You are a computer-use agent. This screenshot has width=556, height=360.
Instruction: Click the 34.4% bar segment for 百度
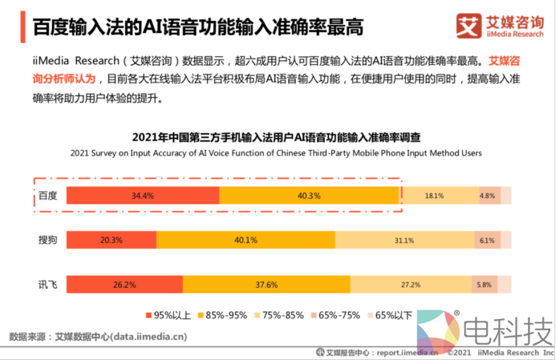[143, 196]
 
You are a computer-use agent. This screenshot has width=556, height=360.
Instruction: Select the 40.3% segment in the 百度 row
[309, 196]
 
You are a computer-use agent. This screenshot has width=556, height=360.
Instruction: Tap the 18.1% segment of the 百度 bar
[434, 196]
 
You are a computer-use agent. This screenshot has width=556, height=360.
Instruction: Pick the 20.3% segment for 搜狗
[112, 240]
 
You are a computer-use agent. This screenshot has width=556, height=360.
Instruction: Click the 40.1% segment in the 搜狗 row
[246, 240]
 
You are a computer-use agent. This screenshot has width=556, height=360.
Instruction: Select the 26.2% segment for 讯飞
[124, 284]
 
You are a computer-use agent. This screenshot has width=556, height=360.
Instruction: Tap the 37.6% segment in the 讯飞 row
[266, 284]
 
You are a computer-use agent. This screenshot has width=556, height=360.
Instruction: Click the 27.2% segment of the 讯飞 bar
[410, 284]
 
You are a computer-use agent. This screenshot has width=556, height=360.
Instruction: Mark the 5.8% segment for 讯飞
[484, 284]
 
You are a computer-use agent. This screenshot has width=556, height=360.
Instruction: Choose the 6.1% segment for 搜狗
[486, 240]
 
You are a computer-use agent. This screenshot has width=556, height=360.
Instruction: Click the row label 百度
[48, 196]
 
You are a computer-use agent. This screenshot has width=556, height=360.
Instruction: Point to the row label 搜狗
[48, 240]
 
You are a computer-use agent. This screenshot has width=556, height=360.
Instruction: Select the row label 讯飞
[48, 284]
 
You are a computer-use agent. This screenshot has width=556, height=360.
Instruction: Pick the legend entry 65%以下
[391, 314]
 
